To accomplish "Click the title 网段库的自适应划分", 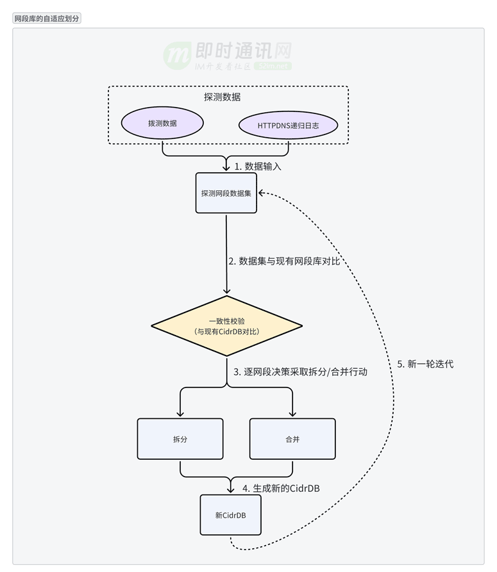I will pyautogui.click(x=47, y=19).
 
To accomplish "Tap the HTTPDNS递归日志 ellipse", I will pyautogui.click(x=288, y=126).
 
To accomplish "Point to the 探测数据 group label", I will pyautogui.click(x=222, y=97).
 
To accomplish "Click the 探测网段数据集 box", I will pyautogui.click(x=226, y=193).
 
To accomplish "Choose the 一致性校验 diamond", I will pyautogui.click(x=226, y=326).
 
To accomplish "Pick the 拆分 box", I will pyautogui.click(x=180, y=439).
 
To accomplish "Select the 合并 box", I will pyautogui.click(x=292, y=439).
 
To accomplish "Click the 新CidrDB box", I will pyautogui.click(x=230, y=514).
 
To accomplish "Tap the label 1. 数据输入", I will pyautogui.click(x=257, y=166).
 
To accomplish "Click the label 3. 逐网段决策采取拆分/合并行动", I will pyautogui.click(x=300, y=372).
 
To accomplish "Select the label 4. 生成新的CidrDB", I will pyautogui.click(x=281, y=488).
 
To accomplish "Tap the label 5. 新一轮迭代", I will pyautogui.click(x=425, y=364).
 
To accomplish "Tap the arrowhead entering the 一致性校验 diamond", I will pyautogui.click(x=226, y=291).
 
